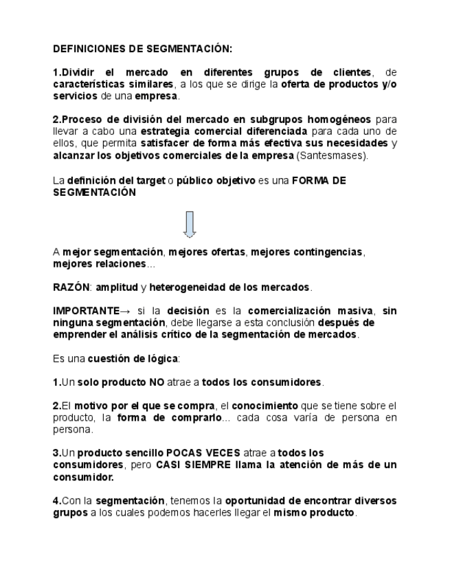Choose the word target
[150, 181]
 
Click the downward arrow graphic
[190, 224]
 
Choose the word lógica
[162, 358]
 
